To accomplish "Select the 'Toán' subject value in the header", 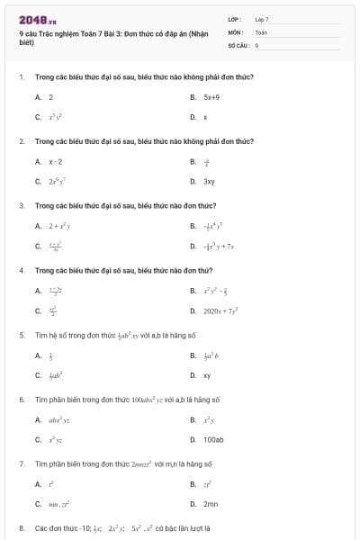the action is pyautogui.click(x=261, y=31).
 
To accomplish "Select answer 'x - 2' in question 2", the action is pyautogui.click(x=55, y=161).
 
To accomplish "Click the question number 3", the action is pyautogui.click(x=21, y=205).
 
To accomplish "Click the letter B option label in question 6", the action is pyautogui.click(x=193, y=420).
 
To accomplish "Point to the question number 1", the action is pyautogui.click(x=21, y=76).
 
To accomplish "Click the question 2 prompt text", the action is pyautogui.click(x=144, y=141).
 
